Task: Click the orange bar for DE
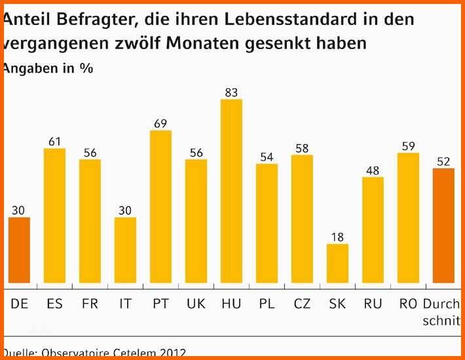[x=19, y=252]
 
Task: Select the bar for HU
[x=231, y=193]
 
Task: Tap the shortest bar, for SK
[x=337, y=265]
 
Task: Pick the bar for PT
[x=160, y=208]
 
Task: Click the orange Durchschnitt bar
[x=443, y=227]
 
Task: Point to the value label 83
[x=231, y=93]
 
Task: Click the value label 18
[x=337, y=237]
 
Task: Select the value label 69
[x=160, y=124]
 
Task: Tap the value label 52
[x=443, y=161]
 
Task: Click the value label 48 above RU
[x=373, y=170]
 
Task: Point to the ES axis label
[x=54, y=304]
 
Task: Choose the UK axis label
[x=196, y=304]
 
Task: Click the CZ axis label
[x=302, y=304]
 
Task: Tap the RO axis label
[x=408, y=304]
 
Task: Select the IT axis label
[x=125, y=304]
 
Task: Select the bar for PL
[x=267, y=225]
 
